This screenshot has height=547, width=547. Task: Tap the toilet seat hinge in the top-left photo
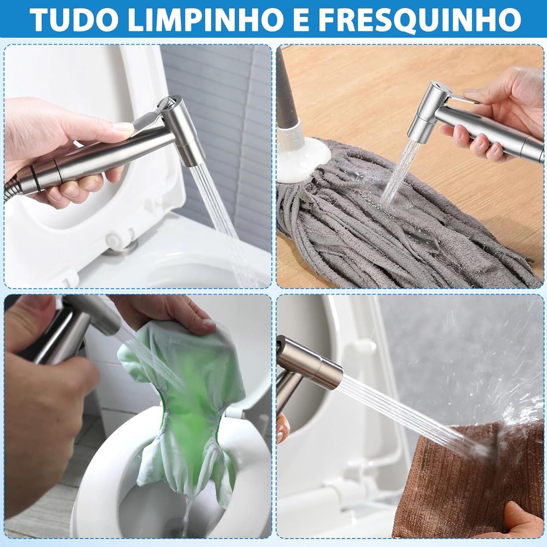tap(120, 242)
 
